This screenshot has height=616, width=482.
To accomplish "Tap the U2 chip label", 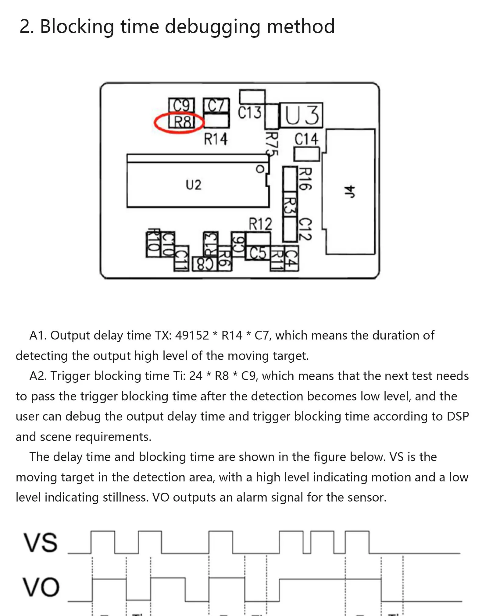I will (x=193, y=185).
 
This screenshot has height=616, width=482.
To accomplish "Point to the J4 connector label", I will (x=350, y=192).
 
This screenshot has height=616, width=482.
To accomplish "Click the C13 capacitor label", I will (x=249, y=113).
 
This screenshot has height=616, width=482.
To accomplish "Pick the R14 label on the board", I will (x=216, y=139).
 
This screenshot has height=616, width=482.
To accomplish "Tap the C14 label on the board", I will (x=306, y=139).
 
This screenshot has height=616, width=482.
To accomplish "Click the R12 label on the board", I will (x=260, y=224).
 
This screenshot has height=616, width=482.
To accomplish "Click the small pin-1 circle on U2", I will (x=260, y=169).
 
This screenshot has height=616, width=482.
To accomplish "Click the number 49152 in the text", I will (x=192, y=335).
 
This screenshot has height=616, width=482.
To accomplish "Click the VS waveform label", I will (x=40, y=543).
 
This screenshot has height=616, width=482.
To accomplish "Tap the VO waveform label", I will (x=41, y=587).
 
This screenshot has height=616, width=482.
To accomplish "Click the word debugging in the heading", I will (x=212, y=26).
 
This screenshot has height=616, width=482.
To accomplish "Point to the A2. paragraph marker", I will (x=37, y=376).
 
